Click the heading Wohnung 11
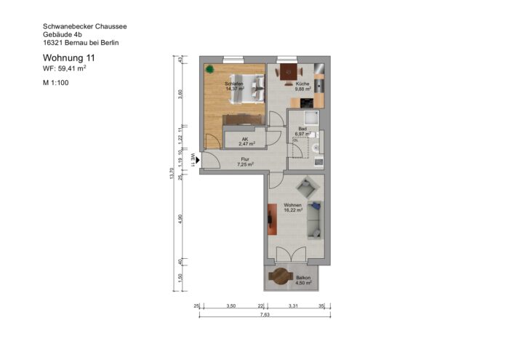tap(69, 57)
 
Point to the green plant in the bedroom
tap(209, 70)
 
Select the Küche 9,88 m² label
tap(303, 87)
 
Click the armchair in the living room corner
tap(310, 188)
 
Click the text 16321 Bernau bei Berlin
tap(81, 43)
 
